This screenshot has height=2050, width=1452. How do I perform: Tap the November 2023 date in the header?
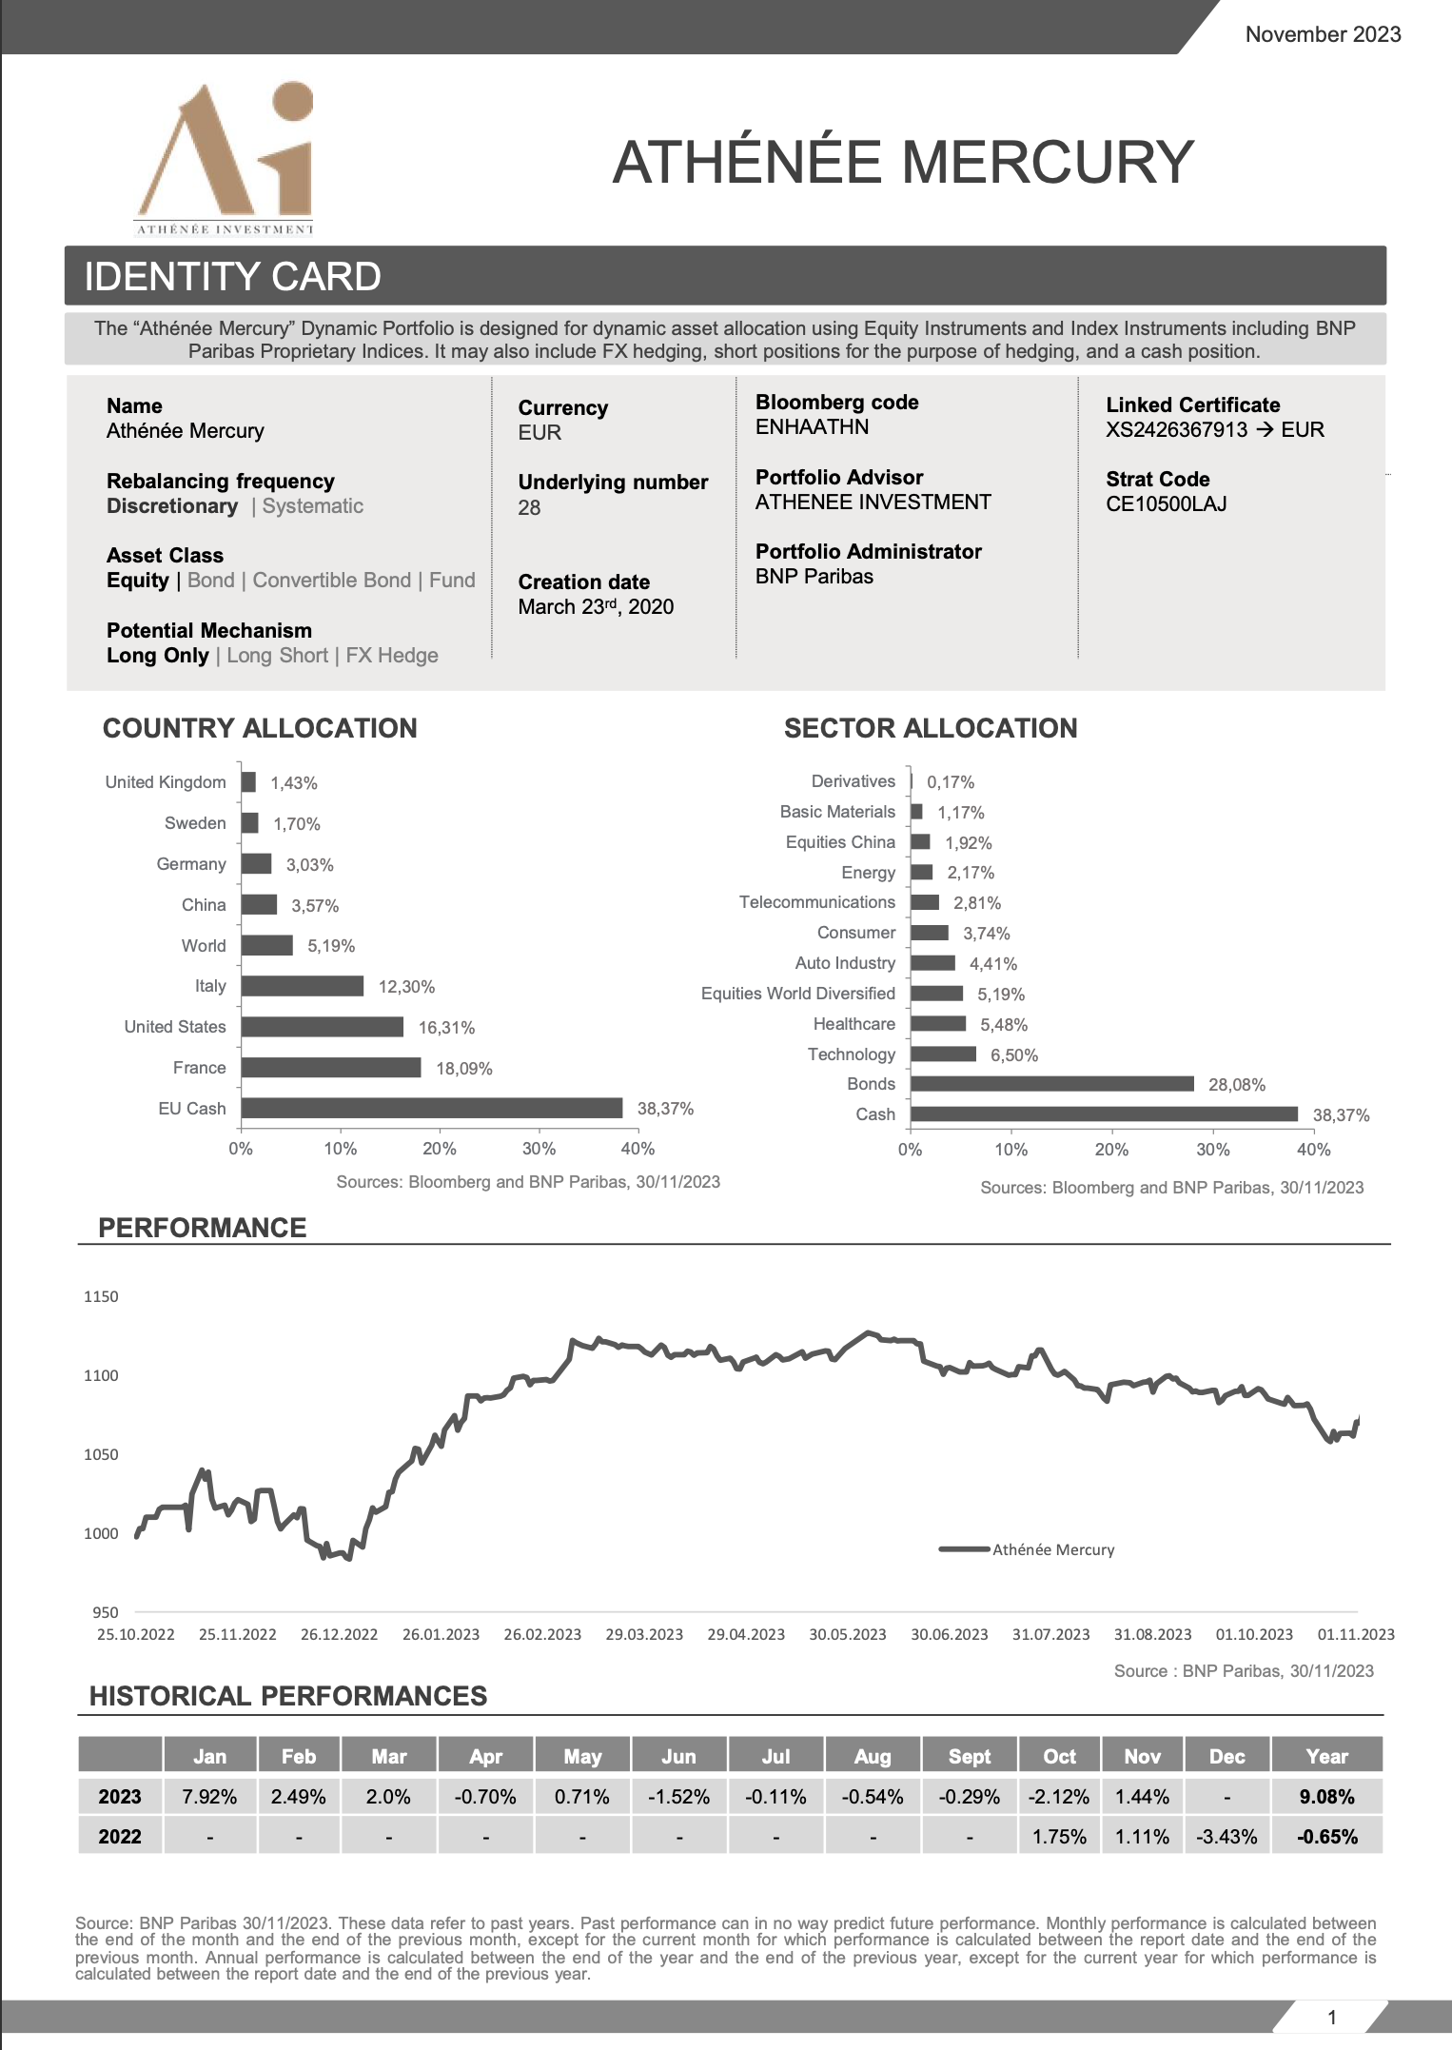coord(1323,35)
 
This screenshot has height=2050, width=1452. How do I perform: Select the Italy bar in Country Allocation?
coord(303,986)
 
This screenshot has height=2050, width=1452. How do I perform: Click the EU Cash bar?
coord(432,1108)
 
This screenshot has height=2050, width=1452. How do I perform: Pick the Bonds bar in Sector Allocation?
coord(1051,1084)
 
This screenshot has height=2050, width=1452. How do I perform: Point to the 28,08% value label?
coord(1236,1085)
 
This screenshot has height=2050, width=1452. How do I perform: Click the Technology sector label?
coord(851,1055)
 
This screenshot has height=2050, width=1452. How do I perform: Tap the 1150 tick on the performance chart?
coord(101,1296)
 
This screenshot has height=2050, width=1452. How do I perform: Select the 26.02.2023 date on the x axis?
coord(542,1634)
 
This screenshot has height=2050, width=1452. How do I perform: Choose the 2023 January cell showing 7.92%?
coord(209,1797)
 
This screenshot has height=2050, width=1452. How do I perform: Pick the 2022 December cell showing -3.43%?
coord(1226,1837)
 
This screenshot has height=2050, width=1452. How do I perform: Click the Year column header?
coord(1326,1757)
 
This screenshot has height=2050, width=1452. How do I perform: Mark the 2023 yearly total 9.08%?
coord(1326,1797)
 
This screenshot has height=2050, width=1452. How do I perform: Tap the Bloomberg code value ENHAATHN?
coord(812,427)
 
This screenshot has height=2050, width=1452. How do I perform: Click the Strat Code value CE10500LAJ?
coord(1166,504)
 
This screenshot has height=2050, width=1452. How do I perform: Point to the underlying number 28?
coord(529,508)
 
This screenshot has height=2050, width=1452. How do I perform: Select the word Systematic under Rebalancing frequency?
coord(313,506)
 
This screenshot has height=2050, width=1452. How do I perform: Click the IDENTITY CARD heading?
coord(233,277)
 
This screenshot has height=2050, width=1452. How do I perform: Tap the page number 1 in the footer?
coord(1331,2017)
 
